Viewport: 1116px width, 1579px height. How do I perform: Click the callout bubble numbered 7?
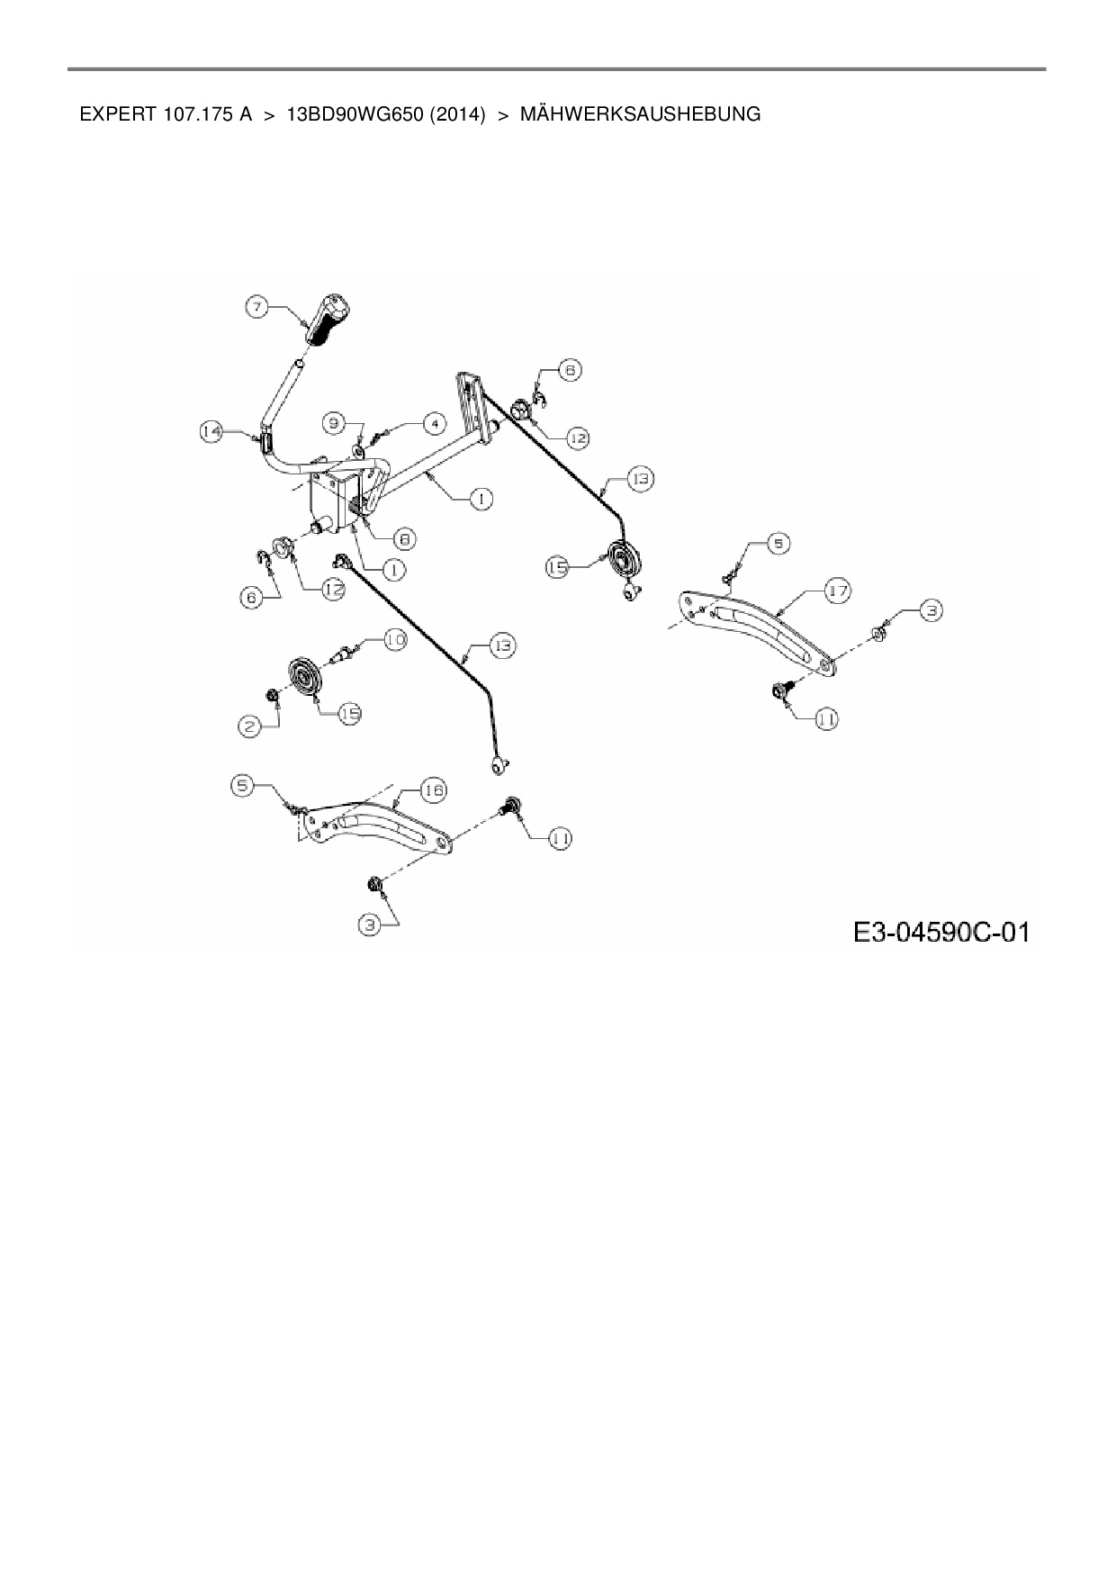[257, 308]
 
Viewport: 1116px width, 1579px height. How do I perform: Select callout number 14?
[211, 432]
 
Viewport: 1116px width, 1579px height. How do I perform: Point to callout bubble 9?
[334, 421]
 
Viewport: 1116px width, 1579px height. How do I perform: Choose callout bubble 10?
[395, 640]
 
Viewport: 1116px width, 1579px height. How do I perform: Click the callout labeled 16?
[433, 789]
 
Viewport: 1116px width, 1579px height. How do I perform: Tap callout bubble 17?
[838, 591]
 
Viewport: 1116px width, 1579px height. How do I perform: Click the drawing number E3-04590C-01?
[940, 931]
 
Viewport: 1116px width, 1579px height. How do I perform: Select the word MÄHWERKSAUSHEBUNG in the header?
[640, 114]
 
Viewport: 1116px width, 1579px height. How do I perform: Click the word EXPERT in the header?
[119, 114]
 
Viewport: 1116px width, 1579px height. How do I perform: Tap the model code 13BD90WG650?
[355, 114]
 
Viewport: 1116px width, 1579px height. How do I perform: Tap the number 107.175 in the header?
[199, 114]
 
